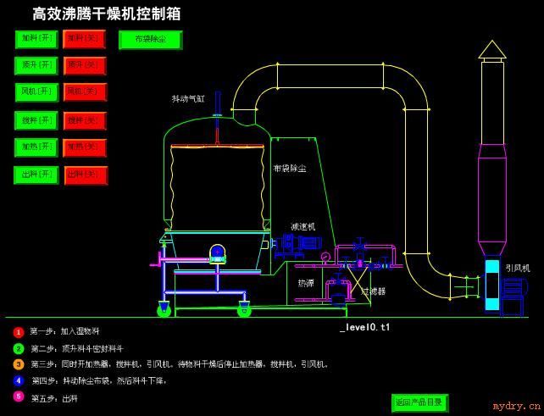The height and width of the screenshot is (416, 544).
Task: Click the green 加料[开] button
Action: click(x=36, y=39)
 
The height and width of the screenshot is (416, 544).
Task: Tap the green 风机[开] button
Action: click(x=36, y=92)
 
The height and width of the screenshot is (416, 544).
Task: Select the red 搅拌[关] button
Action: click(x=85, y=120)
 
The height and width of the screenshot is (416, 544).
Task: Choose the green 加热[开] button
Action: click(x=36, y=147)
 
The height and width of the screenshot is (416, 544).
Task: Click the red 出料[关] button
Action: click(x=85, y=175)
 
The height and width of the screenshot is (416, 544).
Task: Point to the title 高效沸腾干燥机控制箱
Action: click(x=106, y=14)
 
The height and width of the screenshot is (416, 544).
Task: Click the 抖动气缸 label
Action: click(x=188, y=99)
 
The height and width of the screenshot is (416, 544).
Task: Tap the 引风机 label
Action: click(x=517, y=268)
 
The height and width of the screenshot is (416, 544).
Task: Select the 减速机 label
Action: click(x=303, y=226)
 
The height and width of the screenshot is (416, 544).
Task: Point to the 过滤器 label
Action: click(x=373, y=291)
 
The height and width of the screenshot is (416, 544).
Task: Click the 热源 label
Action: click(x=305, y=283)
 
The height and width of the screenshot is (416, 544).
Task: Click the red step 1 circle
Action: click(x=19, y=332)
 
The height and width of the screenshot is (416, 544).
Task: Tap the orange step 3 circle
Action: click(x=19, y=364)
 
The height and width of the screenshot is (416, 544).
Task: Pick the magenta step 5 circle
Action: click(x=19, y=396)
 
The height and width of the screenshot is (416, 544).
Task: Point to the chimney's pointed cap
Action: click(x=491, y=49)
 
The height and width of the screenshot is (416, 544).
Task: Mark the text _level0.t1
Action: click(x=365, y=327)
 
